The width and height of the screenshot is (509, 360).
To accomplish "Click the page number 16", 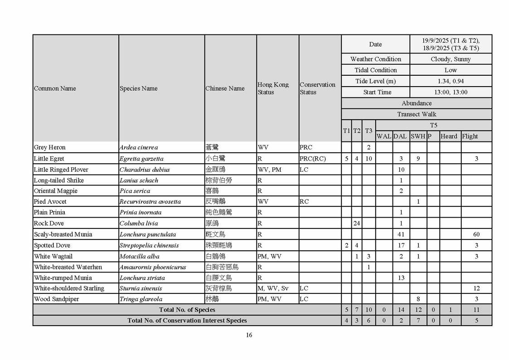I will (249, 335).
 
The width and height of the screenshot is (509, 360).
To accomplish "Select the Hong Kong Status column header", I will (273, 88).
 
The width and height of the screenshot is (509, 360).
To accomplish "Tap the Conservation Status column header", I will (317, 88).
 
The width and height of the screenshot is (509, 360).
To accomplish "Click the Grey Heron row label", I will (50, 147).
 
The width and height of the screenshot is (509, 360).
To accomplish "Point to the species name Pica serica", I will (135, 191).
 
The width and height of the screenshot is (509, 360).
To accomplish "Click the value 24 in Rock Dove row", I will (357, 224).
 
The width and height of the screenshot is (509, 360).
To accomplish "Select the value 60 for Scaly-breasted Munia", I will (476, 234).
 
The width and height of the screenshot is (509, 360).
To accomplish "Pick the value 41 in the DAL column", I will (401, 234).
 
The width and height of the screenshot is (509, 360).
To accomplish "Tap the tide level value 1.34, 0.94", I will (451, 81).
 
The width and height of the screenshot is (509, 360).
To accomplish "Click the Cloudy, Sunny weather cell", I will (451, 59).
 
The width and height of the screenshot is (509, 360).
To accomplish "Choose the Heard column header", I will (449, 136).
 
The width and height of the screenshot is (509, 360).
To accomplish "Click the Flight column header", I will (470, 136).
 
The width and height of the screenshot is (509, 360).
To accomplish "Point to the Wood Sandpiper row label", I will (53, 299).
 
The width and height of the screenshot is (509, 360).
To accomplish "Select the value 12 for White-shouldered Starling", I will (476, 288).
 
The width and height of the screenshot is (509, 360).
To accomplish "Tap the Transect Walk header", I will (417, 114).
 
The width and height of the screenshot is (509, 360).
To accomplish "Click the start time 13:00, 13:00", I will (451, 92).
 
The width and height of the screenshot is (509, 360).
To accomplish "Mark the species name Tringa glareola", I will (141, 299).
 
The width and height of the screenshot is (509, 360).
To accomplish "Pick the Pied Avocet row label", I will (50, 202).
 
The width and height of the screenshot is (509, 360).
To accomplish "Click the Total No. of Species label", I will (187, 310).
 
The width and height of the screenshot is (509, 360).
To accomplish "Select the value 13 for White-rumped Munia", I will (401, 278).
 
